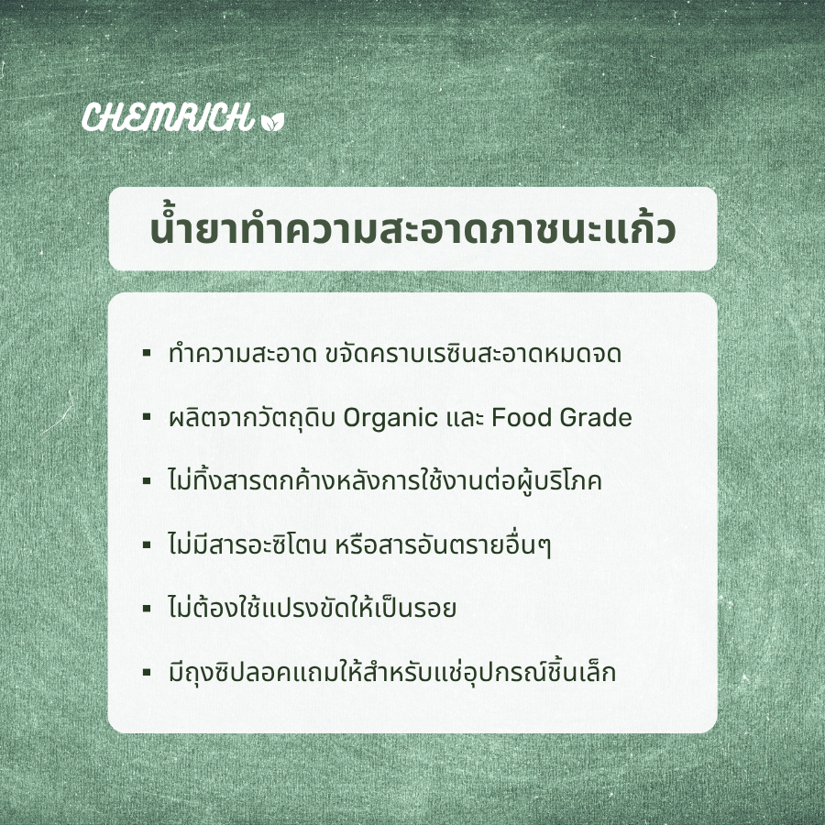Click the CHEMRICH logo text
(x=166, y=118)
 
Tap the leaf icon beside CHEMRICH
(x=273, y=120)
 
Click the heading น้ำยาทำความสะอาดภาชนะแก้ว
(x=412, y=229)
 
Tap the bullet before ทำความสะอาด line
(x=147, y=353)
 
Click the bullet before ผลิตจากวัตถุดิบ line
(x=147, y=417)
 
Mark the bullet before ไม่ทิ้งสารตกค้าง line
(x=147, y=480)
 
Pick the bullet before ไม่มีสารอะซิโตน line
(x=147, y=544)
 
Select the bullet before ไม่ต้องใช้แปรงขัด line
(x=147, y=608)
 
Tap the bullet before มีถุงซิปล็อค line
(x=147, y=672)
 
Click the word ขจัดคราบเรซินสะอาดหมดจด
(x=473, y=355)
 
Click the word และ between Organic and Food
(x=464, y=419)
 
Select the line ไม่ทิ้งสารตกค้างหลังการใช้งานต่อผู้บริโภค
(x=385, y=481)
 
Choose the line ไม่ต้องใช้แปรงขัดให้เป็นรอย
(x=313, y=609)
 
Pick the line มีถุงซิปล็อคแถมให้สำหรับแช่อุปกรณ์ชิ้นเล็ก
(x=392, y=673)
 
